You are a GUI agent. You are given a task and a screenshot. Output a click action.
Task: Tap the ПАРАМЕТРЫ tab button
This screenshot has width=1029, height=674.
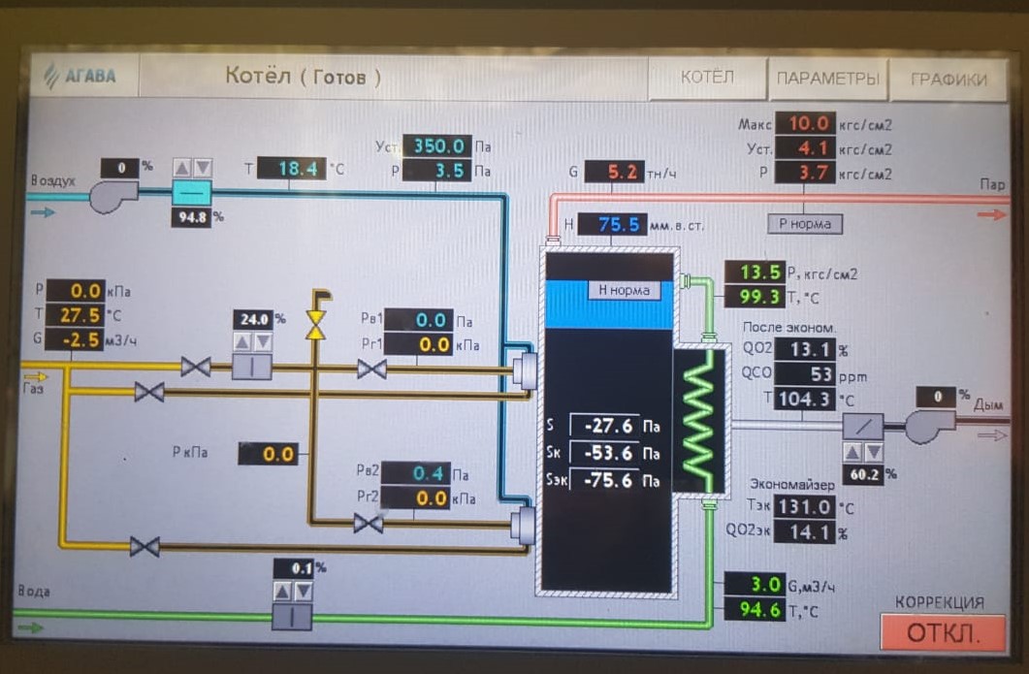tap(827, 79)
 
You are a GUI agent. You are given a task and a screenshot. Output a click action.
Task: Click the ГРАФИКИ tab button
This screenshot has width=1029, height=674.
tap(949, 80)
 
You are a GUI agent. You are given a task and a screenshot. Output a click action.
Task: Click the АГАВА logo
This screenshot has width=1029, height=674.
tap(81, 76)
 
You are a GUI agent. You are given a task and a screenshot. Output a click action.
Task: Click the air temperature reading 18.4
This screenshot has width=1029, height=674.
tap(292, 169)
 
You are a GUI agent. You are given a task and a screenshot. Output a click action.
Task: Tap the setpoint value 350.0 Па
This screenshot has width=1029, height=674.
tap(437, 146)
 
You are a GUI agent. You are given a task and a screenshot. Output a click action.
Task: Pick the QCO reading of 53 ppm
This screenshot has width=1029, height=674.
tap(803, 375)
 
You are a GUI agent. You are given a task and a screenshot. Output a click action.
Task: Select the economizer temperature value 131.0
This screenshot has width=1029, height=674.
tap(804, 506)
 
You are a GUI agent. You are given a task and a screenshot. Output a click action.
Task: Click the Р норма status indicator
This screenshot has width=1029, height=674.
tap(805, 224)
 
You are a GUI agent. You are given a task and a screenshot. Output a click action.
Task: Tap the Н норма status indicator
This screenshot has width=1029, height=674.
tap(624, 290)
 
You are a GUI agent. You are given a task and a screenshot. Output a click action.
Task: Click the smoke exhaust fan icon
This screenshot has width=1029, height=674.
tap(929, 425)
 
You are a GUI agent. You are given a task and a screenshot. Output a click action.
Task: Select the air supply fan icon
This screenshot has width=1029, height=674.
tap(114, 196)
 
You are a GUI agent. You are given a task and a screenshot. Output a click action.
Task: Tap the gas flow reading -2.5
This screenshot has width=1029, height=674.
tap(75, 339)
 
